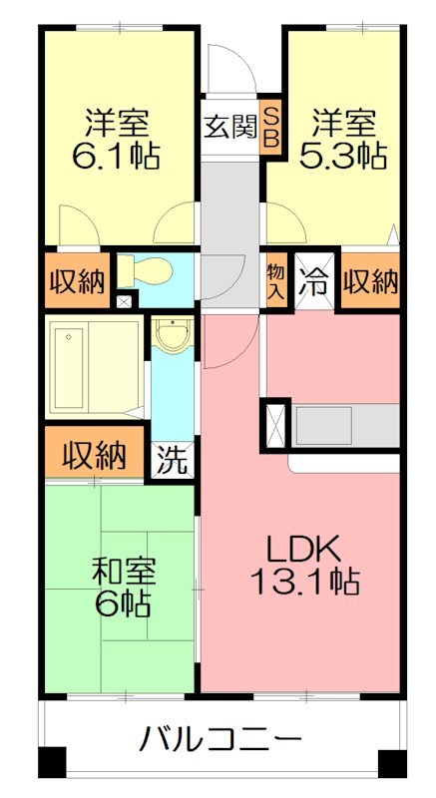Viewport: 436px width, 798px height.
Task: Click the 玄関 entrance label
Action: point(229,127)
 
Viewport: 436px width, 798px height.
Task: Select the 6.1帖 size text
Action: point(118,156)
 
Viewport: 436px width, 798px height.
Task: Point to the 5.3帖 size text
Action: point(344,156)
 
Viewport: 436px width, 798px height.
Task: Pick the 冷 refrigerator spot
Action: point(316,280)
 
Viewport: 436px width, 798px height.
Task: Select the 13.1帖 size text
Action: point(303,582)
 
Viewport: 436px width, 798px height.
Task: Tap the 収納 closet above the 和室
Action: point(96,456)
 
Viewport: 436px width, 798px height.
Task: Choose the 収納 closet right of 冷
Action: point(370,280)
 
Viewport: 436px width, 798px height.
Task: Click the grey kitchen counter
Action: point(344,424)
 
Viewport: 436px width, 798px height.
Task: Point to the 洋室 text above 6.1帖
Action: point(118,124)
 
